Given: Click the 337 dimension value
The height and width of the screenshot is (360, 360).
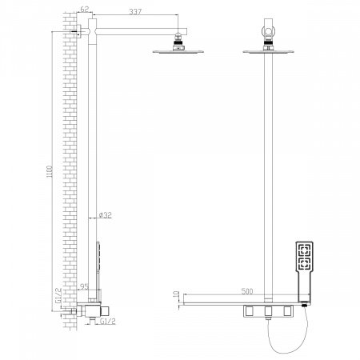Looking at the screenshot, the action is pyautogui.click(x=135, y=12).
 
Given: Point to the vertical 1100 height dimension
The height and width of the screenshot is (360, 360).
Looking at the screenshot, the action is pyautogui.click(x=50, y=172).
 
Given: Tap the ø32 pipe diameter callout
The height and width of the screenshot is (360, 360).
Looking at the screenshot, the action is pyautogui.click(x=106, y=215).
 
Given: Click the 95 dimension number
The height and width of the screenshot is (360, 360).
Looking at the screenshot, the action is pyautogui.click(x=84, y=286).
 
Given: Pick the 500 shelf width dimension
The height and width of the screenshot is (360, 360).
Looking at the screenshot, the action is pyautogui.click(x=247, y=291).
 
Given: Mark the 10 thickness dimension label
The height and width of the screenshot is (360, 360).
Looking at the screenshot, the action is pyautogui.click(x=176, y=295).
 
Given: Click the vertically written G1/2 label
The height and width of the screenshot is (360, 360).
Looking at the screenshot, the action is pyautogui.click(x=58, y=295).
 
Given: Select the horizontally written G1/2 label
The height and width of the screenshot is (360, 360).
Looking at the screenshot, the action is pyautogui.click(x=108, y=322).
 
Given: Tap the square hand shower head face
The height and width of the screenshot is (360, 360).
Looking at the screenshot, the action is pyautogui.click(x=304, y=256).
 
